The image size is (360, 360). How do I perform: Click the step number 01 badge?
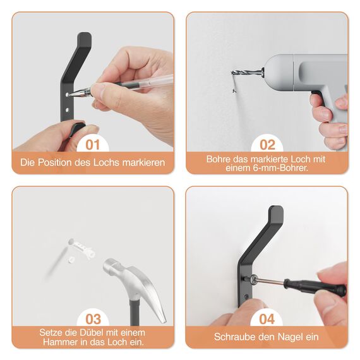(x=93, y=145)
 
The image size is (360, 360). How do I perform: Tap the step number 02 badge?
(x=267, y=145)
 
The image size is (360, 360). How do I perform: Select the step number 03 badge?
(x=93, y=319)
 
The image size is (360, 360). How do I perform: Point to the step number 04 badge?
(x=267, y=319)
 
